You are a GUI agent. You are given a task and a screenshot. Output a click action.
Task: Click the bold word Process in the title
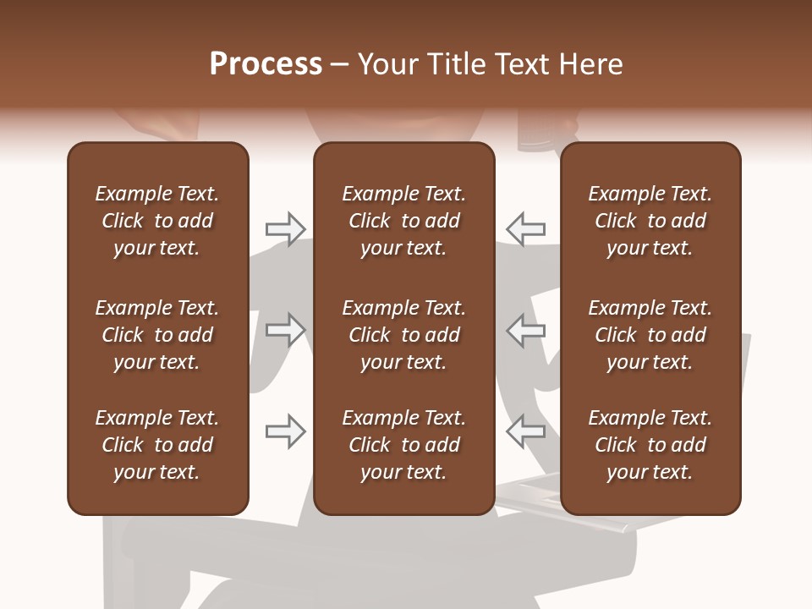[266, 64]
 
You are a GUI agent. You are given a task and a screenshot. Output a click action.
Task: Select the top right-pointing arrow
[285, 228]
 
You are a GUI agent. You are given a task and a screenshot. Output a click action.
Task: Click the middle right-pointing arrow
[285, 329]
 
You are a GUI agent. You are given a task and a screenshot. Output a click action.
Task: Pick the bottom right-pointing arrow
[285, 431]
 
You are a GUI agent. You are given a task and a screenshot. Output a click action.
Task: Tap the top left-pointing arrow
[525, 228]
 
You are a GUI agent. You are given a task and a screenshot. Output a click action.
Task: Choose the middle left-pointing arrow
[525, 329]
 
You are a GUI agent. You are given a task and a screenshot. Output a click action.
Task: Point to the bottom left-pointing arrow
[525, 431]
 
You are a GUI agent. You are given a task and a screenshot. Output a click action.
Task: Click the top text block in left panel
[157, 221]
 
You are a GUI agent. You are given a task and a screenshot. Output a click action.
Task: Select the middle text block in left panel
[157, 335]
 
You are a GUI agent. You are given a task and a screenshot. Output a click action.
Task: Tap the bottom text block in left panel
[157, 445]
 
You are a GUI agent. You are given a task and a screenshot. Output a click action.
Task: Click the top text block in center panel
[404, 221]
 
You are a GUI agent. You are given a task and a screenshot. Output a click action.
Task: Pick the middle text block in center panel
[404, 335]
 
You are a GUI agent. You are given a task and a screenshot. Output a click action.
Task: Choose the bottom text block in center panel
[404, 445]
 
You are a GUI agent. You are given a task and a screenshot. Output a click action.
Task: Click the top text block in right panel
[650, 221]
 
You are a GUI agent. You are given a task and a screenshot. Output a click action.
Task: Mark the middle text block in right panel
[650, 335]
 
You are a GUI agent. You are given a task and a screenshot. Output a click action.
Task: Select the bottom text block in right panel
[650, 445]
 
